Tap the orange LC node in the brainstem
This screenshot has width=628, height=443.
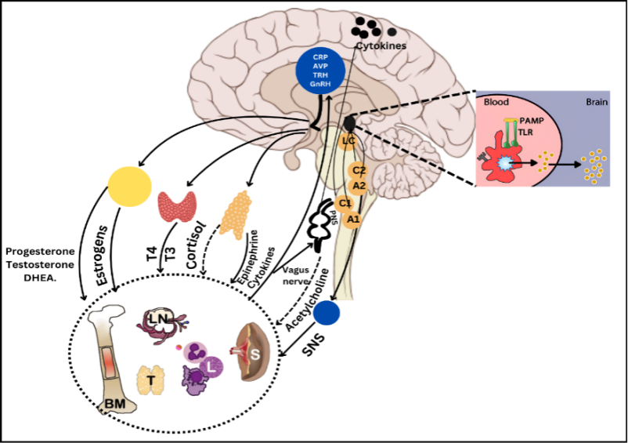coord(349,143)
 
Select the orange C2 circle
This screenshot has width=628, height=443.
coord(359,170)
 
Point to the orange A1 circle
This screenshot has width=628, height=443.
coord(353,219)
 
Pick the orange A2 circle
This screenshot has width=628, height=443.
coord(359,186)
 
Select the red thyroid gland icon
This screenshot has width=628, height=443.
coord(177,205)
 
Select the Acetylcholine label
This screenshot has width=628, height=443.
coord(311,299)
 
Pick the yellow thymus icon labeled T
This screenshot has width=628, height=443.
coord(150,380)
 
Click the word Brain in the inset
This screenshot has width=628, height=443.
coord(601,102)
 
